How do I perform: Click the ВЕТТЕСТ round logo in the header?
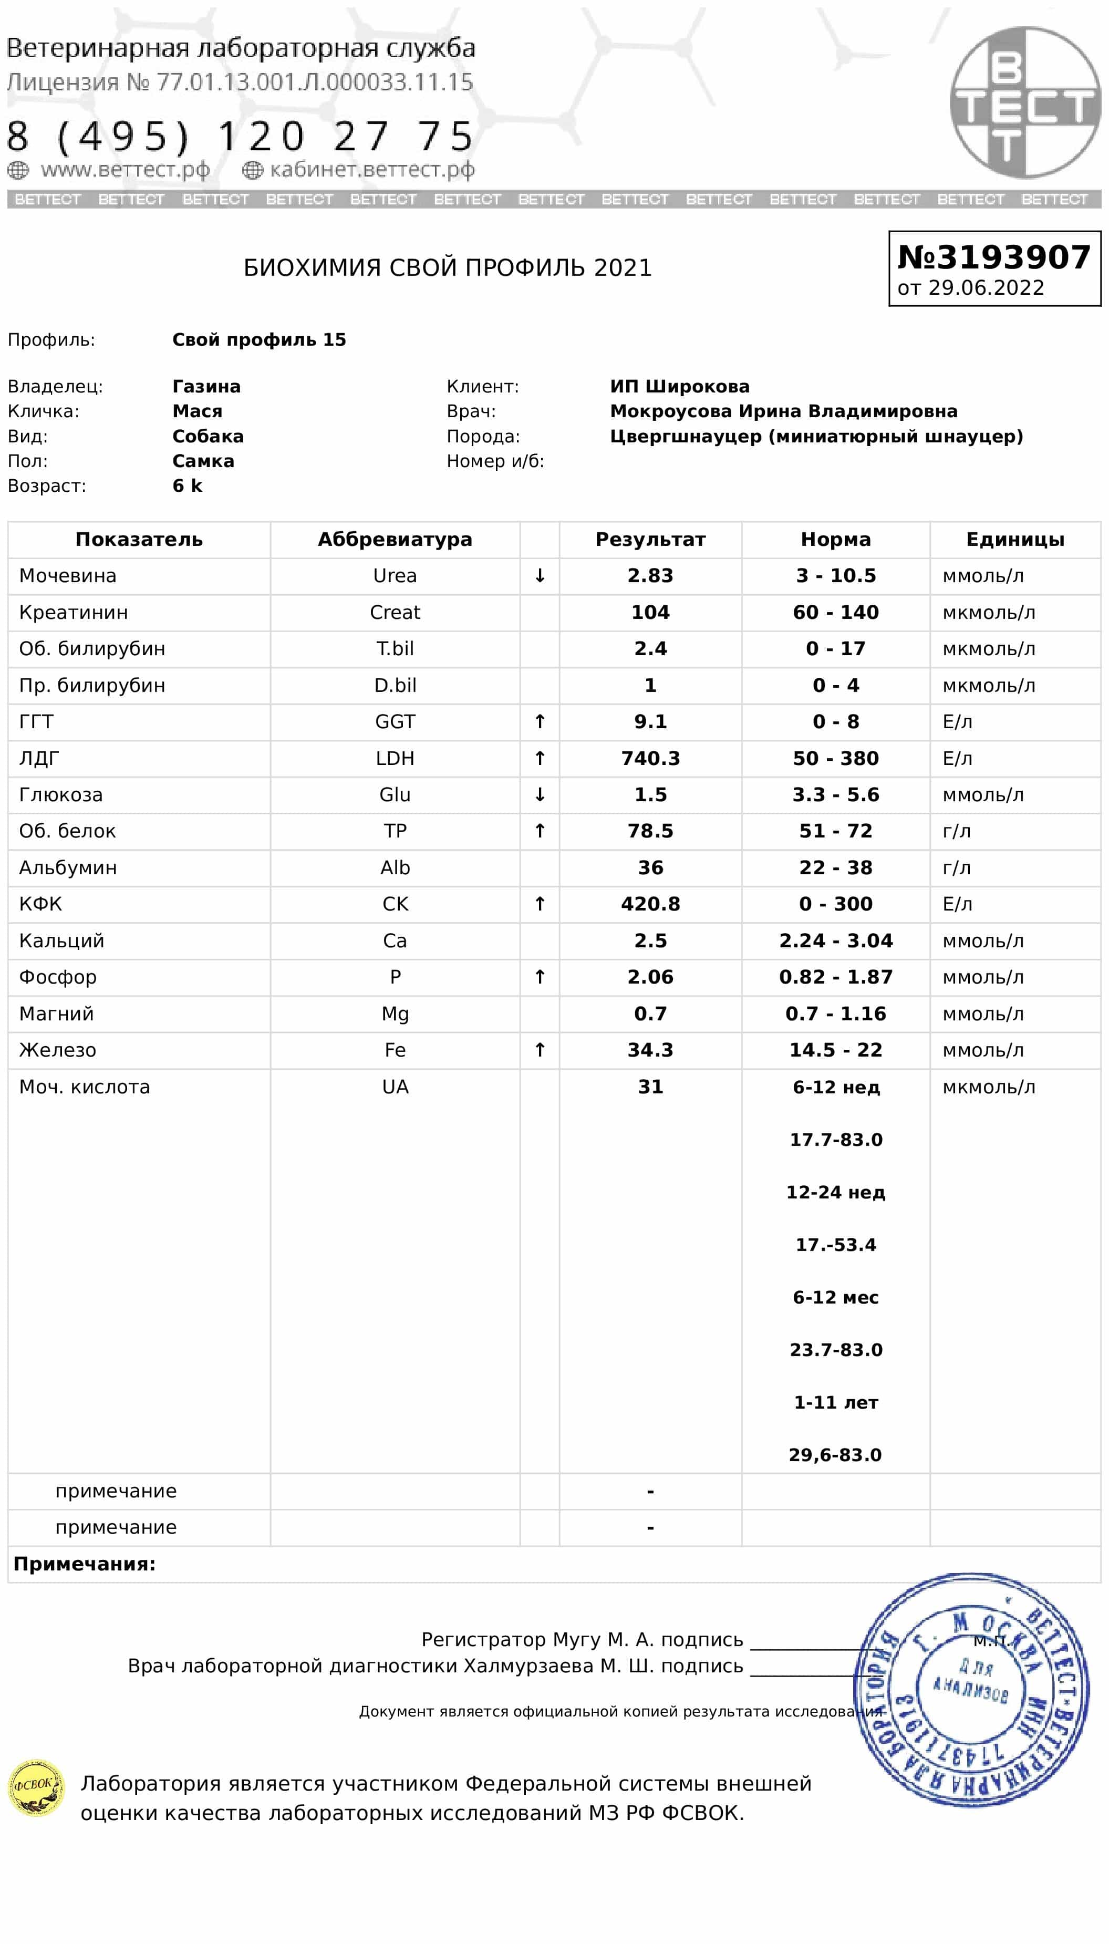pyautogui.click(x=1024, y=103)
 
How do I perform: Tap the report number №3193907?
pyautogui.click(x=994, y=257)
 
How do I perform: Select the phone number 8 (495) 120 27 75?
pyautogui.click(x=240, y=137)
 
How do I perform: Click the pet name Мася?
pyautogui.click(x=198, y=411)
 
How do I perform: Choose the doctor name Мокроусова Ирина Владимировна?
pyautogui.click(x=783, y=411)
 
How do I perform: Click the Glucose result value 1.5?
pyautogui.click(x=650, y=794)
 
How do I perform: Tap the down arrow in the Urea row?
pyautogui.click(x=540, y=576)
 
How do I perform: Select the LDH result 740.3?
pyautogui.click(x=650, y=758)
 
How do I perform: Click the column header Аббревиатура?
pyautogui.click(x=395, y=539)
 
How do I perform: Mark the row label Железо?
pyautogui.click(x=58, y=1050)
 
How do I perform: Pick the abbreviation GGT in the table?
pyautogui.click(x=395, y=721)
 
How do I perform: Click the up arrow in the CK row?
pyautogui.click(x=540, y=904)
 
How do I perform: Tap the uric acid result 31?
pyautogui.click(x=650, y=1086)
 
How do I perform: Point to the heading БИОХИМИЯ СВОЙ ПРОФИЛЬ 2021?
pyautogui.click(x=447, y=268)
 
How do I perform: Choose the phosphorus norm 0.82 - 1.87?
pyautogui.click(x=835, y=977)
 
